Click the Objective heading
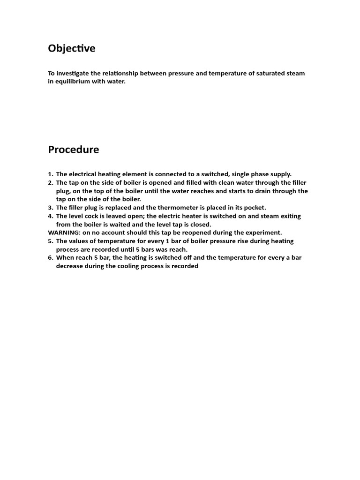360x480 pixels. (x=71, y=48)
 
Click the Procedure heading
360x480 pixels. (x=73, y=150)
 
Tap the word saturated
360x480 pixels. (x=263, y=73)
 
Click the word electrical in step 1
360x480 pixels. (x=82, y=174)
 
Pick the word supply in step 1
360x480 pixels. (x=280, y=174)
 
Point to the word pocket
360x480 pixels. (x=255, y=208)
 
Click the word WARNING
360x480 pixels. (x=64, y=232)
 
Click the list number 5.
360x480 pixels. (x=50, y=241)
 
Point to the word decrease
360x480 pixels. (x=70, y=266)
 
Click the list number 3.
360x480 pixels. (x=50, y=208)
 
